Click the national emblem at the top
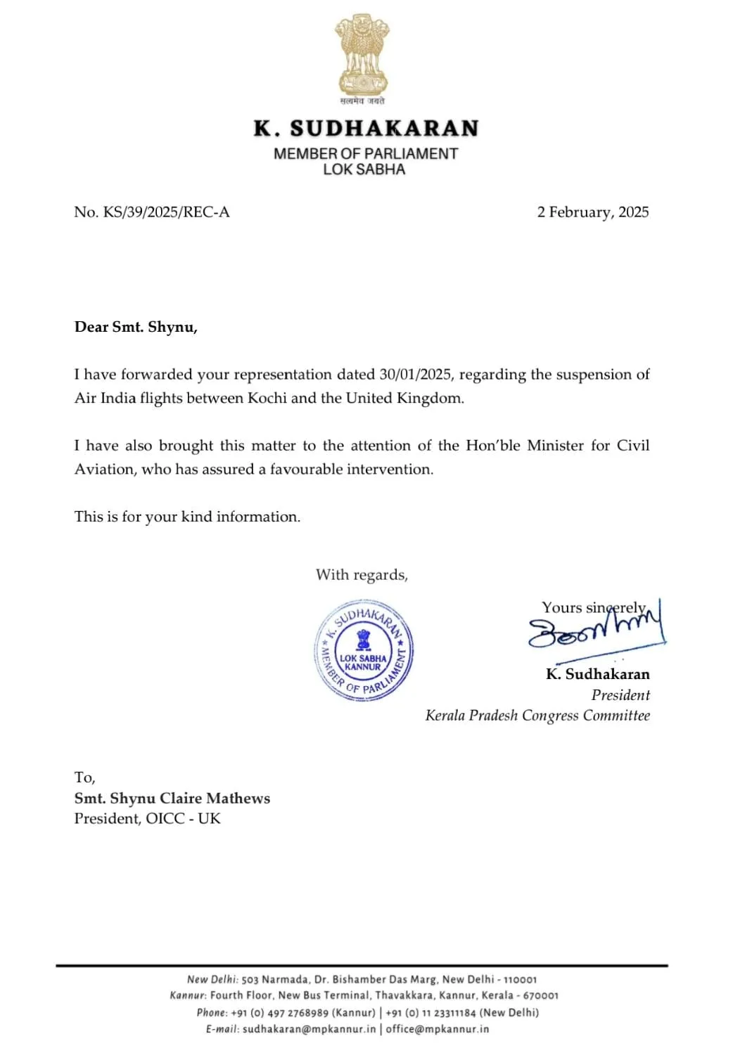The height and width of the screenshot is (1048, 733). tap(362, 56)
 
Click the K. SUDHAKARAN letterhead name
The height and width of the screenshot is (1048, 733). tap(366, 129)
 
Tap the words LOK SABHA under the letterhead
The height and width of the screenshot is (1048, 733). tap(364, 169)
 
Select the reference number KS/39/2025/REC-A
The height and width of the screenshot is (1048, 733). tap(166, 212)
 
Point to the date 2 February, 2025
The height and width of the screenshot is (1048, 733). tap(592, 212)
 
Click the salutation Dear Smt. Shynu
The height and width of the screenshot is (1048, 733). tap(136, 327)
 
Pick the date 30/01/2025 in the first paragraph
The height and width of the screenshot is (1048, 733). tap(415, 375)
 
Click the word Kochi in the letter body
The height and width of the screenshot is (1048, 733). tap(267, 399)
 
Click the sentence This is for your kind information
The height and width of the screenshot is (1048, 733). tap(187, 517)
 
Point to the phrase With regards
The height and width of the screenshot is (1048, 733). tap(362, 575)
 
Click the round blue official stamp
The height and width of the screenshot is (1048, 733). tap(363, 650)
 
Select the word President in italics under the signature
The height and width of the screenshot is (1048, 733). tap(620, 695)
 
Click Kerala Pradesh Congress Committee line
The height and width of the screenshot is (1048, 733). tap(537, 716)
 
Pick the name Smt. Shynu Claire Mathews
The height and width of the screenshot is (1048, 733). tap(172, 798)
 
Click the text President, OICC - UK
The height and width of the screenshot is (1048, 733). tap(148, 819)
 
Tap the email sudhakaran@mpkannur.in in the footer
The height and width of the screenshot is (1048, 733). tap(309, 1029)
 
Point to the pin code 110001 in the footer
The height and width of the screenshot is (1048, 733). tap(520, 980)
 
